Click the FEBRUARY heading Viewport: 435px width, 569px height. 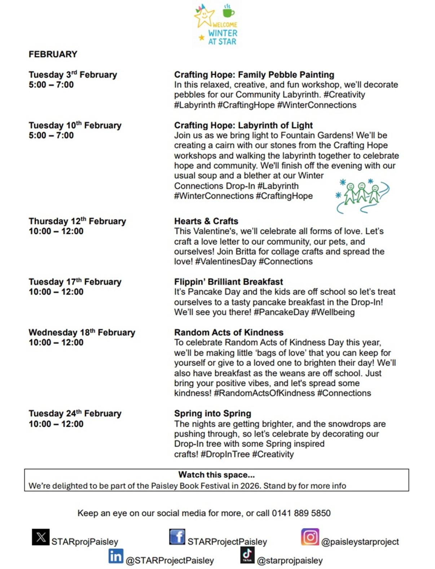(53, 54)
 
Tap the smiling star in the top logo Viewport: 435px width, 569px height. (204, 16)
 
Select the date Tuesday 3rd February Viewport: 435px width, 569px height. (73, 75)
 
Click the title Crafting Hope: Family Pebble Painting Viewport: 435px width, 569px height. (254, 75)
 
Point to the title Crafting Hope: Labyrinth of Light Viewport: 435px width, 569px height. (243, 125)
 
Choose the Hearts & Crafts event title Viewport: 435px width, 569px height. (206, 221)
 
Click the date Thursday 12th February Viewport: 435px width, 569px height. (77, 221)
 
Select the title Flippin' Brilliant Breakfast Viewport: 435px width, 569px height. (228, 282)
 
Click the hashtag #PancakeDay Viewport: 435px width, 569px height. (281, 312)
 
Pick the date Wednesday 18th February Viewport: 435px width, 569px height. (82, 332)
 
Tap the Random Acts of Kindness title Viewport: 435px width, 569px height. (229, 332)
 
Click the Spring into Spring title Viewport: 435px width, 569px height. (212, 413)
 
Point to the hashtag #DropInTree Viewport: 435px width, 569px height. (225, 454)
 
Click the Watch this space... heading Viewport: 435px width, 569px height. (216, 475)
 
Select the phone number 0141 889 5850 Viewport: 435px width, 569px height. (301, 513)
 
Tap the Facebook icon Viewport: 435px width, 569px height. (177, 537)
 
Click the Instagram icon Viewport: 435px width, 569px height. (310, 537)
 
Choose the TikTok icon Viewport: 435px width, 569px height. (247, 555)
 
